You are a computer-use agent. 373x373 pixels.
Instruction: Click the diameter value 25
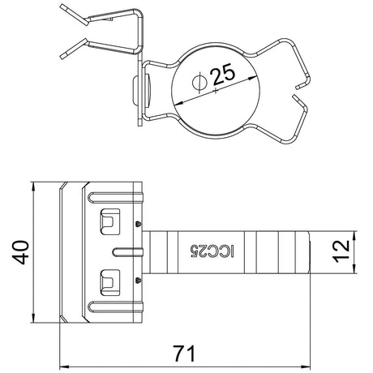tap(224, 74)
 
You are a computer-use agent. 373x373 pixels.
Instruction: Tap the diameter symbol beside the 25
tap(199, 82)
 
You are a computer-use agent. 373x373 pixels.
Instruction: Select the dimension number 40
tap(20, 252)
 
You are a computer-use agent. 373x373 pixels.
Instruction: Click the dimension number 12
tap(341, 251)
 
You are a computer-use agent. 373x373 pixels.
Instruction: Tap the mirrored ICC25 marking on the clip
tap(212, 251)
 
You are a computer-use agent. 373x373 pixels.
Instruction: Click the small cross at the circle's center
tap(216, 91)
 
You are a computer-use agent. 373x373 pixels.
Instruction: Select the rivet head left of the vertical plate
tap(135, 91)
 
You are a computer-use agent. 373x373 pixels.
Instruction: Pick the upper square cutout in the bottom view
tap(109, 221)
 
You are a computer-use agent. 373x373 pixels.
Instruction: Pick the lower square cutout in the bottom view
tap(109, 282)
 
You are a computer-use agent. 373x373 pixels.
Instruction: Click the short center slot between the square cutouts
tap(127, 252)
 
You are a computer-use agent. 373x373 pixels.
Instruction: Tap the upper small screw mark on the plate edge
tap(139, 224)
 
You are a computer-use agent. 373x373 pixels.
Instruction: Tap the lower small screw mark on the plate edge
tap(139, 281)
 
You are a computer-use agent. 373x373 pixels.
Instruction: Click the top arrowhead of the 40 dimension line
tap(33, 187)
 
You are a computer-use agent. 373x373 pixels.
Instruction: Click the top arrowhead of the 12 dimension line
tap(354, 236)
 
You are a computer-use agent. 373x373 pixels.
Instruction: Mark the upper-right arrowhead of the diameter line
tap(252, 79)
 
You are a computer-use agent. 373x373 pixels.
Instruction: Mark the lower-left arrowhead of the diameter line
tap(179, 103)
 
